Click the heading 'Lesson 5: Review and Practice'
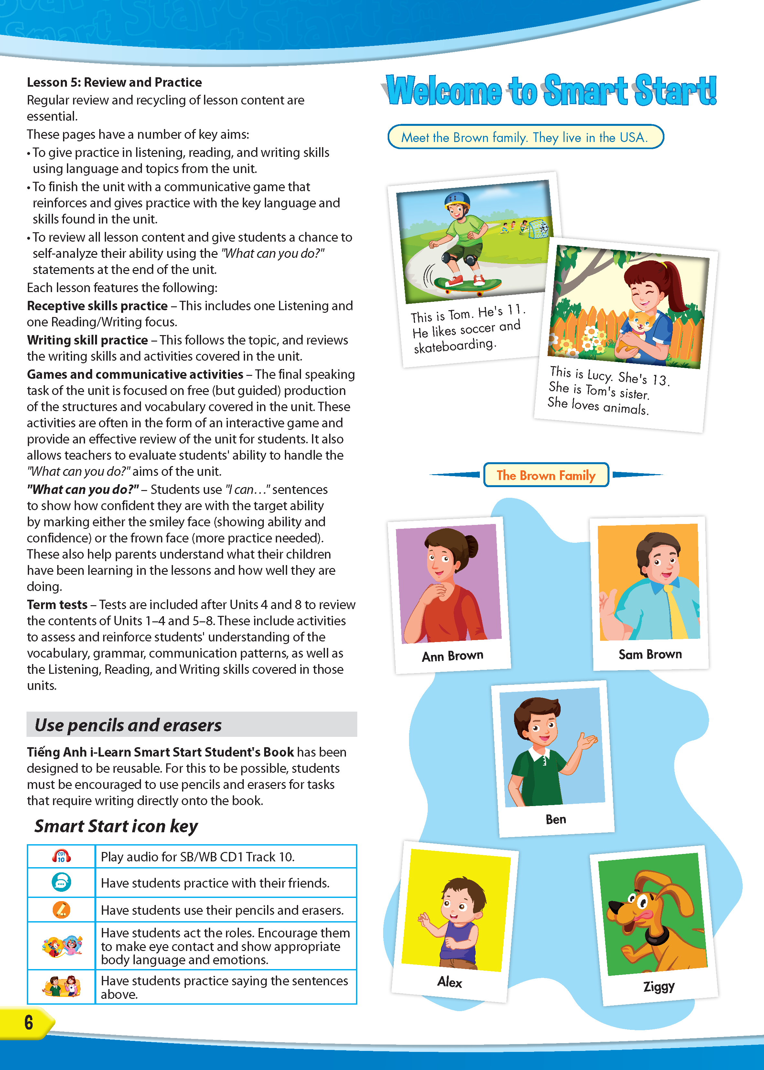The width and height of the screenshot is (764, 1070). tap(114, 82)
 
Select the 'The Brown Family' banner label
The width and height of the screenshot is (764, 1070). tap(546, 475)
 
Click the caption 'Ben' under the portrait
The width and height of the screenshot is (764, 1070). tap(555, 820)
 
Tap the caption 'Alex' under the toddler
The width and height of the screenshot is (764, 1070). tap(450, 982)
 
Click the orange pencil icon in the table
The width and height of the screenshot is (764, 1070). tap(61, 910)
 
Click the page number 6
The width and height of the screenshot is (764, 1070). tap(29, 1022)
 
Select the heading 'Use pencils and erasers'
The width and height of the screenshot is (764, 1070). tap(128, 725)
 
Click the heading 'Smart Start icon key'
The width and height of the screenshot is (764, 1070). tap(116, 826)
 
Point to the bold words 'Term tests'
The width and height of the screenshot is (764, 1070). tap(57, 605)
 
